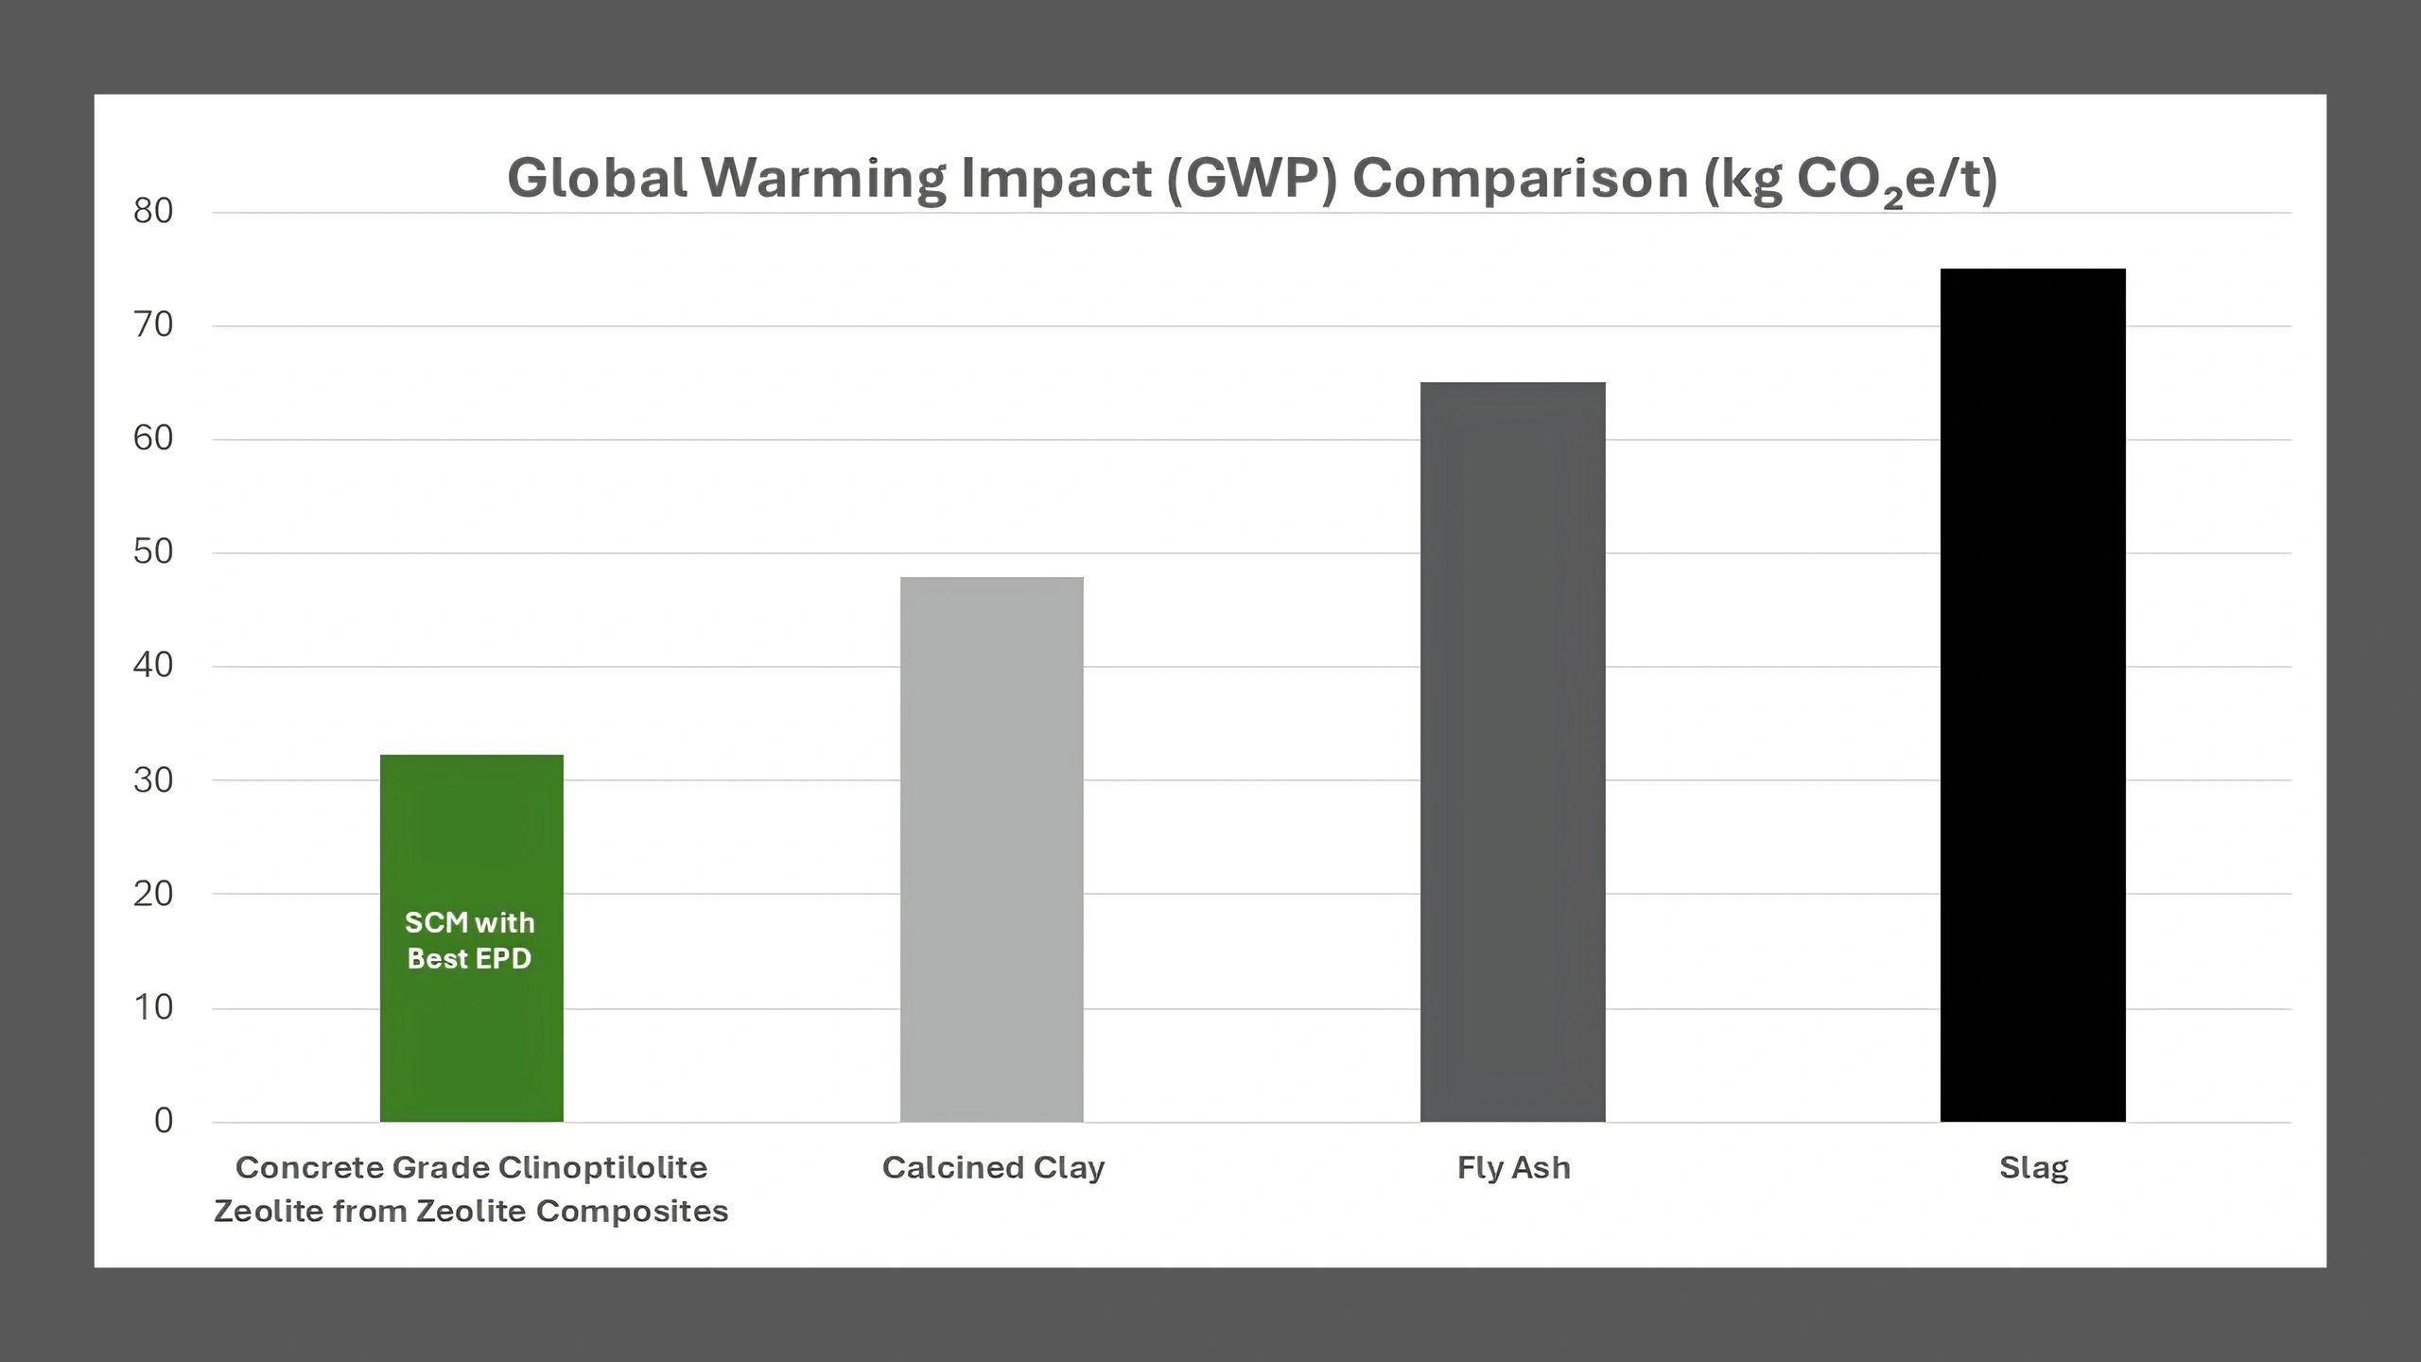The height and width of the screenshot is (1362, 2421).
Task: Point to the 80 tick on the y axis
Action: (x=153, y=211)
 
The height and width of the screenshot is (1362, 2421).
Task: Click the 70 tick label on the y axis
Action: (x=153, y=324)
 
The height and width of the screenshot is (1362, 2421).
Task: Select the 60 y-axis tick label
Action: (x=153, y=438)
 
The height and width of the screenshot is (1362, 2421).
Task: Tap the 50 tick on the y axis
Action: (x=153, y=551)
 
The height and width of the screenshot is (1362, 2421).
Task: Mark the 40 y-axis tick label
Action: (x=153, y=665)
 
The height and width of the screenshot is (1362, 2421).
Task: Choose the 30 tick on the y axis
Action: (x=153, y=780)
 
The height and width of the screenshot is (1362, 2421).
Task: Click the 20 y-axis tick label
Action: (x=153, y=894)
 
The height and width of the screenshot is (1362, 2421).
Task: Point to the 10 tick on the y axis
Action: (x=153, y=1007)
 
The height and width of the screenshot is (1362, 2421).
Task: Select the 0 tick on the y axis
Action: (x=164, y=1121)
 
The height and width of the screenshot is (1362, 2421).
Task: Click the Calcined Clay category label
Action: (x=993, y=1168)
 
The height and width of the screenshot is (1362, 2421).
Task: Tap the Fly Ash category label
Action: (x=1513, y=1168)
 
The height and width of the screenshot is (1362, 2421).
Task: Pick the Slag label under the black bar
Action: (x=2033, y=1169)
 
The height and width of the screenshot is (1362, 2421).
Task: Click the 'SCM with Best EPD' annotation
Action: (x=470, y=940)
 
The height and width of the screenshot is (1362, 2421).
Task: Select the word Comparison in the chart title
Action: (x=1520, y=178)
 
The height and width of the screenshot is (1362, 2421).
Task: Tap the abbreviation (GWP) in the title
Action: (x=1252, y=178)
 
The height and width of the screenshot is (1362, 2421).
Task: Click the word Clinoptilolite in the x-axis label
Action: (x=602, y=1168)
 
